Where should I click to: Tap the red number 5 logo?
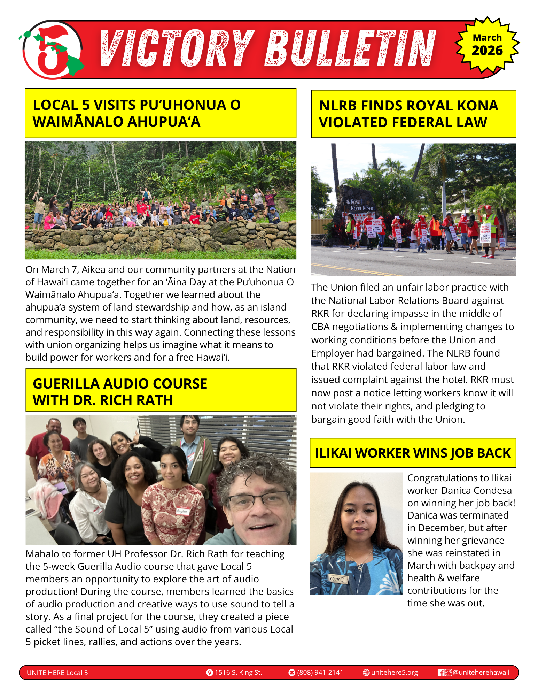[x=52, y=49]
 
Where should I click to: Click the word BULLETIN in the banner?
[x=350, y=48]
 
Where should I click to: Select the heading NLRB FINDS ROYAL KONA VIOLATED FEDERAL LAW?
[x=413, y=114]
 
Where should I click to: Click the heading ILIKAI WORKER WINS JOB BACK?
[x=413, y=453]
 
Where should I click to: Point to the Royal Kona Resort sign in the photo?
[x=361, y=205]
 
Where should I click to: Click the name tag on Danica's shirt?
[x=337, y=579]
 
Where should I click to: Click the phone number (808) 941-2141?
[x=320, y=672]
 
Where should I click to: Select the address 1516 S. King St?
[x=238, y=672]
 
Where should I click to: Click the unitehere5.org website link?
[x=394, y=672]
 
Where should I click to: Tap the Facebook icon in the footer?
[x=441, y=673]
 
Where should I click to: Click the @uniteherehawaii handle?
[x=481, y=672]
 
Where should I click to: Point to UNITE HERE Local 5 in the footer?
[x=57, y=673]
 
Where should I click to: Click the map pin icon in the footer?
[x=210, y=673]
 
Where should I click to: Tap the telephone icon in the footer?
[x=292, y=673]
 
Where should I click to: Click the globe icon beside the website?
[x=366, y=673]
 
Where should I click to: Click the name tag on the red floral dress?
[x=182, y=511]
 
